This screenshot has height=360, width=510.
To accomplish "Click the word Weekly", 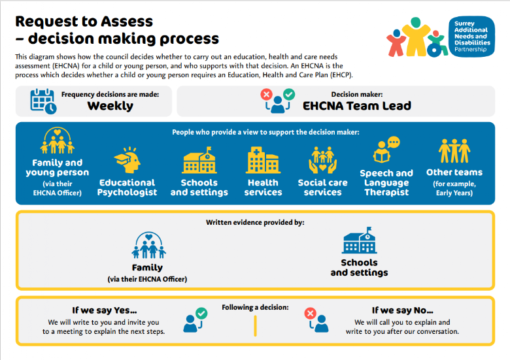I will pyautogui.click(x=110, y=106).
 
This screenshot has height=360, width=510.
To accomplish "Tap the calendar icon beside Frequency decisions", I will pyautogui.click(x=43, y=101).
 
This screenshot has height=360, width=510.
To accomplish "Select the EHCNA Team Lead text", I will pyautogui.click(x=356, y=106).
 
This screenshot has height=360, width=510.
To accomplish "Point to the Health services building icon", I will pyautogui.click(x=263, y=159).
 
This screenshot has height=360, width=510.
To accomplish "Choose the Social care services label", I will pyautogui.click(x=322, y=188).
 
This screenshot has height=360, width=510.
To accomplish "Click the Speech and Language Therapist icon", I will pyautogui.click(x=386, y=150).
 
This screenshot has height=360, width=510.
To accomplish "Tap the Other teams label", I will pyautogui.click(x=454, y=172).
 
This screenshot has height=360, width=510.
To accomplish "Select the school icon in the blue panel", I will pyautogui.click(x=199, y=160).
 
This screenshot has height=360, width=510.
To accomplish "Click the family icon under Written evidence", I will pyautogui.click(x=147, y=245).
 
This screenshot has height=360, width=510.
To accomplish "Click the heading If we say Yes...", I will pyautogui.click(x=104, y=310).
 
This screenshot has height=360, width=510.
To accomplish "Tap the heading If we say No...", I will pyautogui.click(x=402, y=310).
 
